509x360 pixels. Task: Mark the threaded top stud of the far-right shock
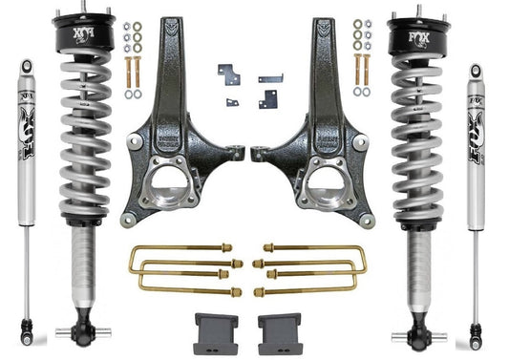click(x=475, y=69)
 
